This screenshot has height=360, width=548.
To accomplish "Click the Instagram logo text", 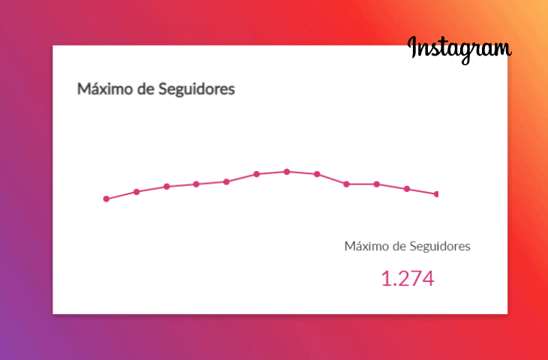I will click(459, 48).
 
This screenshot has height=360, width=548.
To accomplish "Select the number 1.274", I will click(408, 279).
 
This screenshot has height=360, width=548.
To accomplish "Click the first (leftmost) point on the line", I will click(107, 199).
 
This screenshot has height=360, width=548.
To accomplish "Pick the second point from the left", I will click(137, 192).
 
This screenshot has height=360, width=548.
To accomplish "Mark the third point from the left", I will click(167, 187).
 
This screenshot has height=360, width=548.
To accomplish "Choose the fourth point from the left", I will click(197, 184).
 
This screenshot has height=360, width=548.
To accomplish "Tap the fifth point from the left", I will click(227, 181).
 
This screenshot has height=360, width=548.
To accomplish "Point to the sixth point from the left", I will click(257, 174).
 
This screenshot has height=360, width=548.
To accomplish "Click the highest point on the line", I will click(287, 172).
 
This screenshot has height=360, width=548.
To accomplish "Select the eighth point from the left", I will click(317, 174).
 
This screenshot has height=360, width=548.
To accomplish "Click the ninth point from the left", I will click(347, 184).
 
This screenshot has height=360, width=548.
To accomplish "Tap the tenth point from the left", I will click(377, 184).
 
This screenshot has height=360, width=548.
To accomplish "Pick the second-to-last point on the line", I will click(407, 189).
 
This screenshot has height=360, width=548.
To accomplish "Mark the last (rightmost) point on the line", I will click(436, 194).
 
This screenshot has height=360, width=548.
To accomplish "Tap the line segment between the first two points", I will click(122, 195).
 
